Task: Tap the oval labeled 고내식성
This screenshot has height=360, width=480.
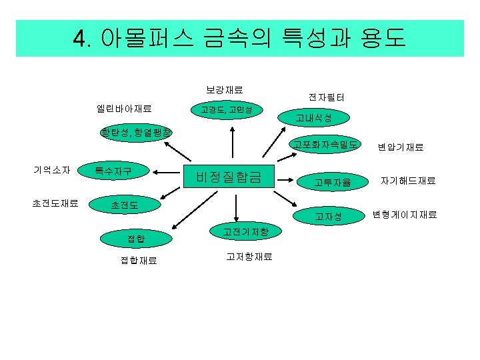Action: pyautogui.click(x=313, y=119)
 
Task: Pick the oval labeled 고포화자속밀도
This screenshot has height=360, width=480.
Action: pyautogui.click(x=325, y=145)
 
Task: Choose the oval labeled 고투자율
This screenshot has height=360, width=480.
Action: pyautogui.click(x=333, y=181)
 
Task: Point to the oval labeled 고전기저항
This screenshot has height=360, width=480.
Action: pyautogui.click(x=246, y=232)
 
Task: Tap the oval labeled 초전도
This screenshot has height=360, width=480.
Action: pyautogui.click(x=125, y=205)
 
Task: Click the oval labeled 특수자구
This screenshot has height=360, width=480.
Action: pyautogui.click(x=113, y=171)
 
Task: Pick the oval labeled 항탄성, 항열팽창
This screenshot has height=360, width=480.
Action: pyautogui.click(x=135, y=132)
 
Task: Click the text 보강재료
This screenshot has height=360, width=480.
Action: pyautogui.click(x=224, y=89)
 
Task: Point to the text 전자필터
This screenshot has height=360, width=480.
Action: pyautogui.click(x=326, y=97)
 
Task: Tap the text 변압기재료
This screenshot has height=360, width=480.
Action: pyautogui.click(x=401, y=147)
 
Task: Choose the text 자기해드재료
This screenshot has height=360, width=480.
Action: pyautogui.click(x=408, y=180)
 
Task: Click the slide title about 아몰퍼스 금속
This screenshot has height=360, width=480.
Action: pyautogui.click(x=239, y=38)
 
